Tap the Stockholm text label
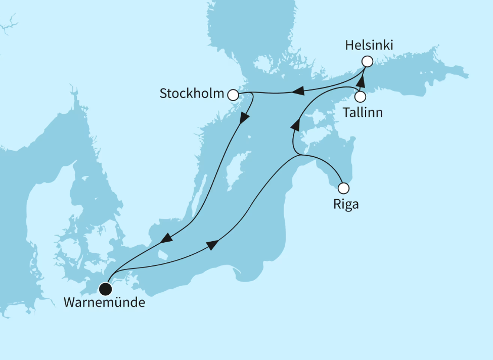click(x=192, y=94)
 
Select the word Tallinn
click(x=363, y=112)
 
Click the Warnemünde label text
click(x=104, y=303)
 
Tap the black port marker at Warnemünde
click(x=105, y=289)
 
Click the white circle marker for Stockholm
click(x=233, y=95)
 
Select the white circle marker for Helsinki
click(x=367, y=62)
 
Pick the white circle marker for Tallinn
click(x=360, y=96)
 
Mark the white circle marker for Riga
click(x=343, y=189)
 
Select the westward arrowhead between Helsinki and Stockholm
click(x=298, y=92)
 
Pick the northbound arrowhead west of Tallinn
click(x=296, y=124)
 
